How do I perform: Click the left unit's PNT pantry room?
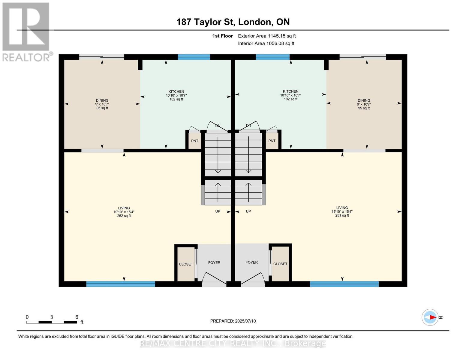(x=194, y=141)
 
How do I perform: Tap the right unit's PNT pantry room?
(x=272, y=141)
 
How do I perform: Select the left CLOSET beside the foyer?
(x=186, y=264)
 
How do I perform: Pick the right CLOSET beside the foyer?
(x=280, y=264)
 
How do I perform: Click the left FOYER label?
(x=214, y=262)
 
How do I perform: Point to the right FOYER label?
(x=251, y=262)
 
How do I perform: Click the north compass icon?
(x=430, y=317)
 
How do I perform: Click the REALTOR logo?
(x=26, y=31)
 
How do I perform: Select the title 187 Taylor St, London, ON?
(x=233, y=22)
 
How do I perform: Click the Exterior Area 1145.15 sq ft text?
(x=267, y=36)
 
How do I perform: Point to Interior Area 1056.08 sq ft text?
(x=266, y=43)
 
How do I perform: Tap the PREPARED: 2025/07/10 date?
(x=233, y=321)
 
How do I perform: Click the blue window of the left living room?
(x=121, y=284)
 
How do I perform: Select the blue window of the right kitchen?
(x=272, y=57)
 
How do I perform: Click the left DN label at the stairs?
(x=218, y=126)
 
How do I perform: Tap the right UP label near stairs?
(x=248, y=211)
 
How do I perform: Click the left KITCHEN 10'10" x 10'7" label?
(x=176, y=95)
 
